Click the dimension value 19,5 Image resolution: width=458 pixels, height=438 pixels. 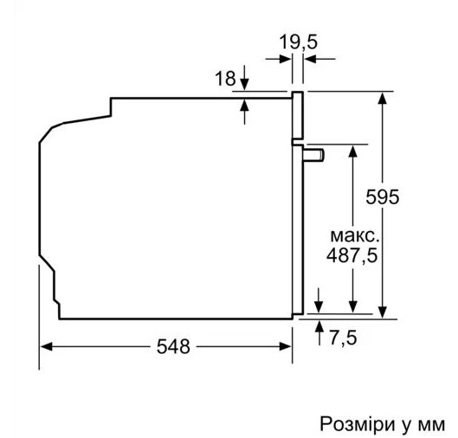tap(298, 42)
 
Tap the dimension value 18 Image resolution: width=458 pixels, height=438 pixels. tap(225, 78)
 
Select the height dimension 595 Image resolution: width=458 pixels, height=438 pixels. tap(382, 196)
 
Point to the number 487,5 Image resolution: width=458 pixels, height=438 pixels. tap(352, 255)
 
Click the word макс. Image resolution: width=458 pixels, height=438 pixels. tap(354, 236)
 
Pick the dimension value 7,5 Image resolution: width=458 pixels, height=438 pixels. tap(343, 338)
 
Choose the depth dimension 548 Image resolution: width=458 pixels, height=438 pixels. tap(173, 346)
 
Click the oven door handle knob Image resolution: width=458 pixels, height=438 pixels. tap(313, 155)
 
